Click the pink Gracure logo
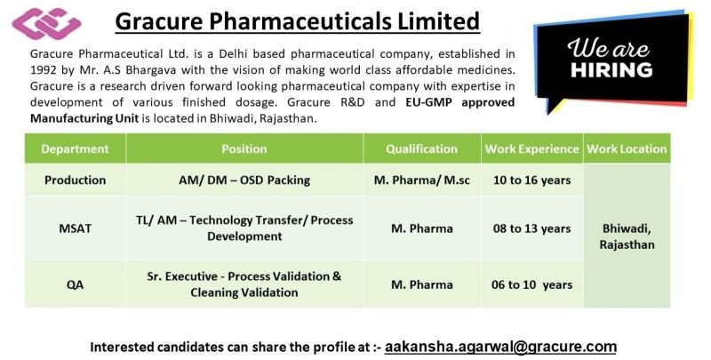[x=46, y=23]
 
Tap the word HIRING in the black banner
[x=611, y=70]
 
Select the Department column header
[x=75, y=148]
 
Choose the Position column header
[x=244, y=148]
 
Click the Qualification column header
[x=421, y=149]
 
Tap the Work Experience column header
[x=531, y=149]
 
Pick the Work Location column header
[x=627, y=148]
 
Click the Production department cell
[x=76, y=180]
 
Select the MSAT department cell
[x=76, y=228]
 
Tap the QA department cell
[x=76, y=285]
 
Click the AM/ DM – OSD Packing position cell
[x=244, y=180]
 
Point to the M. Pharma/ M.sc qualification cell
[x=421, y=180]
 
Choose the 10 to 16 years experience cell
[x=531, y=180]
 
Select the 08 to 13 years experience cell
[x=531, y=228]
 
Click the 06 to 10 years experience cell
[x=531, y=285]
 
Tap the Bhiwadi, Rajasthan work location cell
[x=627, y=236]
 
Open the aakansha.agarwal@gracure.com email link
[x=500, y=347]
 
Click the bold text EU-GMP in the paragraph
[x=429, y=102]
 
